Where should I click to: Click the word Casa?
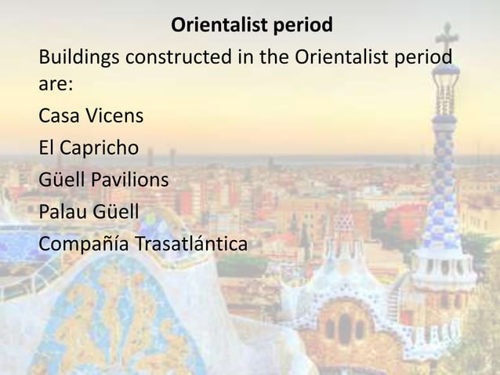click(x=60, y=117)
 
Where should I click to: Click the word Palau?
click(x=64, y=212)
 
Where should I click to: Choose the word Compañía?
click(x=85, y=244)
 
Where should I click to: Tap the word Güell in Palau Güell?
click(x=118, y=212)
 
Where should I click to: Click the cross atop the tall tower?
click(x=447, y=35)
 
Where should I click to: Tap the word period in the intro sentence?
click(x=423, y=59)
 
